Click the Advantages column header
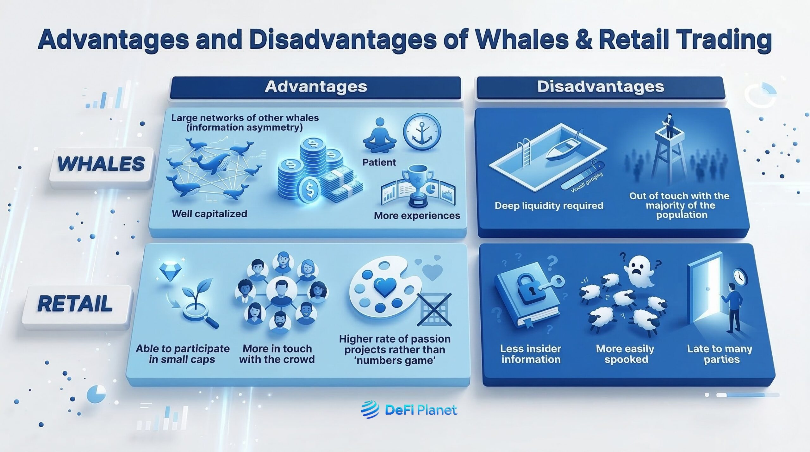pyautogui.click(x=315, y=87)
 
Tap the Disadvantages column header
pyautogui.click(x=600, y=87)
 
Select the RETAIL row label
pyautogui.click(x=75, y=303)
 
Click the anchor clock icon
pyautogui.click(x=422, y=132)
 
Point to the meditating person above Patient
pyautogui.click(x=379, y=136)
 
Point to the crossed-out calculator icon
pyautogui.click(x=434, y=310)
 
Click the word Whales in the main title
pyautogui.click(x=522, y=40)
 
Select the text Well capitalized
pyautogui.click(x=209, y=214)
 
